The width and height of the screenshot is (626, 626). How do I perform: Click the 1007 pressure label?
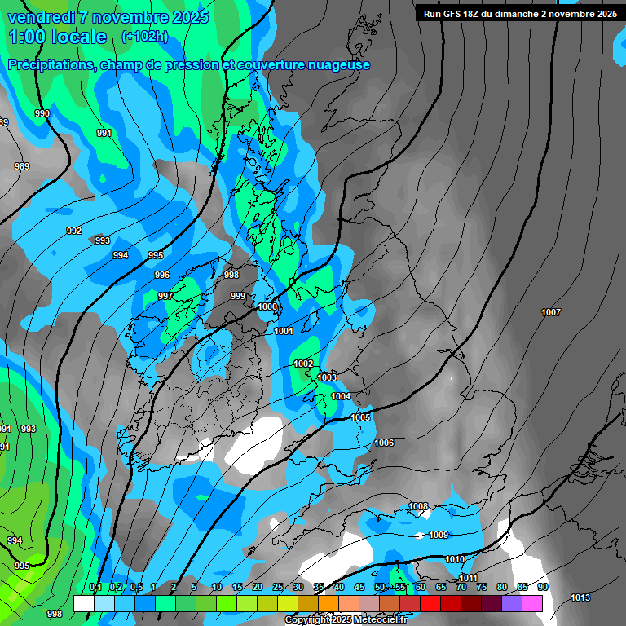coord(551,313)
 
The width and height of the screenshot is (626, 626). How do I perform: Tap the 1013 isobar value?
coord(580,598)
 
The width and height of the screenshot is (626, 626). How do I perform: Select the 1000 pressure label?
coord(267,307)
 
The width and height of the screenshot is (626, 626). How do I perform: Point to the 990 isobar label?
coord(42,114)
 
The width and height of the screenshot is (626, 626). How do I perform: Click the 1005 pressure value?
coord(361,418)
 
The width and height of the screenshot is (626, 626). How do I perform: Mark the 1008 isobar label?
coord(418,507)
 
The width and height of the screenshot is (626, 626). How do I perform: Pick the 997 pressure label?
coord(165,296)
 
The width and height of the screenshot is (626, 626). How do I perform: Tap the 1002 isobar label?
coord(303,364)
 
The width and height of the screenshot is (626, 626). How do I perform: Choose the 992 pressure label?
coord(74,231)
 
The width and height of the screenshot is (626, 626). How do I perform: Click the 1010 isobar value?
coord(455,560)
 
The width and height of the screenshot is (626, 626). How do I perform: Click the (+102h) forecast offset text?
coord(144,37)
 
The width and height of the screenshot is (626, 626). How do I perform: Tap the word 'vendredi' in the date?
coord(38,17)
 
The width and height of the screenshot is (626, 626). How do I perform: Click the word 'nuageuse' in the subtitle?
coord(333,65)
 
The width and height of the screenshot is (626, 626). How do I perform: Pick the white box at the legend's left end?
coord(83,603)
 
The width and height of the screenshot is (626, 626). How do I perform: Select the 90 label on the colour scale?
coord(542,588)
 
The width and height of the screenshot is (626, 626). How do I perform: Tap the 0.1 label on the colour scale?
coord(95,588)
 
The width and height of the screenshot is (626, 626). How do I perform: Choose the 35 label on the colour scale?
coord(319,588)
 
